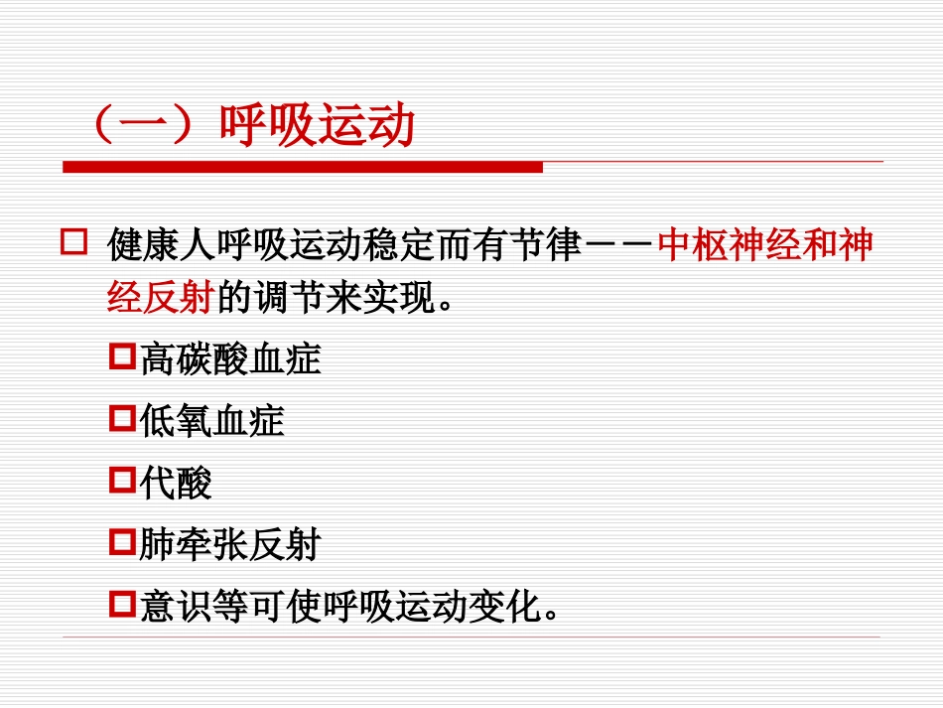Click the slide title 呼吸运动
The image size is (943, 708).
(318, 128)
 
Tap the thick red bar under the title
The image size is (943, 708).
(303, 167)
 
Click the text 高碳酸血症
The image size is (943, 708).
(230, 358)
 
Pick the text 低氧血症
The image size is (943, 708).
(211, 421)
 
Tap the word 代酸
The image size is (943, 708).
(176, 484)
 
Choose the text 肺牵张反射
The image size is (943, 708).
(230, 545)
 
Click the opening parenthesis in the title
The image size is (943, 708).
(99, 129)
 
